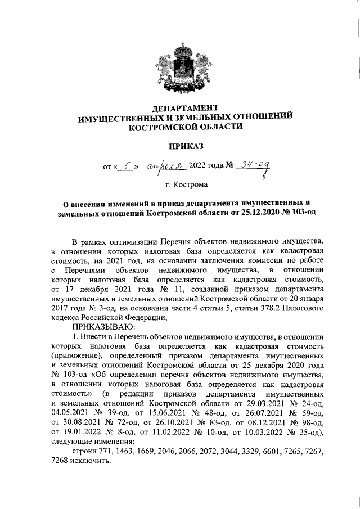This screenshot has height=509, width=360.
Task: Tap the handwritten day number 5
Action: click(127, 165)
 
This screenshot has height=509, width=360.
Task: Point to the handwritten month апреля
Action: click(165, 165)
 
